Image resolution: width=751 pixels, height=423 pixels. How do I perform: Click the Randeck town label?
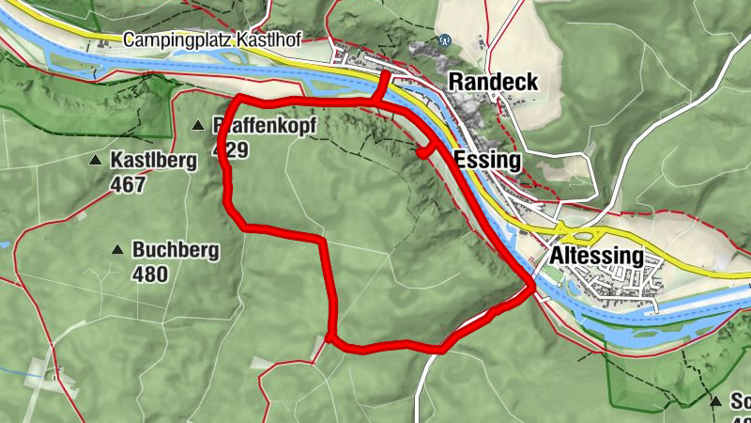coord(494,82)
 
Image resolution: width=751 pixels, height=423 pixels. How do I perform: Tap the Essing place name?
coord(486,160)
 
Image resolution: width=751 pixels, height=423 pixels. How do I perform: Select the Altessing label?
coord(597,256)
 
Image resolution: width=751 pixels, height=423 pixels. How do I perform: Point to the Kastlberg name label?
coord(154,160)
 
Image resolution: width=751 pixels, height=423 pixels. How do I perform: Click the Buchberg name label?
coord(176,250)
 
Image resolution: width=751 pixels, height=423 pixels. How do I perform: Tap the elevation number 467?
coord(128,183)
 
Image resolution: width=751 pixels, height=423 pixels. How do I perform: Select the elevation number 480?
coord(150,274)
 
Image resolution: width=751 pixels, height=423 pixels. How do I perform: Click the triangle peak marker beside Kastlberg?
coord(95,161)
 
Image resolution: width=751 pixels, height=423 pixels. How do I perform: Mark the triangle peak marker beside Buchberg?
coord(117,250)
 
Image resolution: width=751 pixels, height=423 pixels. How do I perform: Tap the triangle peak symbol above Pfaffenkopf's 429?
coord(198,125)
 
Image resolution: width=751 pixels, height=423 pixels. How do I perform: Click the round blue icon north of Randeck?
coord(443,41)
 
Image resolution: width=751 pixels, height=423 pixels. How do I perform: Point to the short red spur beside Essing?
coord(425,149)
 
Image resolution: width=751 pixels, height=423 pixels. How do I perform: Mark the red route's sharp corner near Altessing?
coord(532,283)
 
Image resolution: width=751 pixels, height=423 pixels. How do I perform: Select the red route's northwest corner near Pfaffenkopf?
coord(237,99)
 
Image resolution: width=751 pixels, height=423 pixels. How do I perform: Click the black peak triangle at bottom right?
coord(716,401)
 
